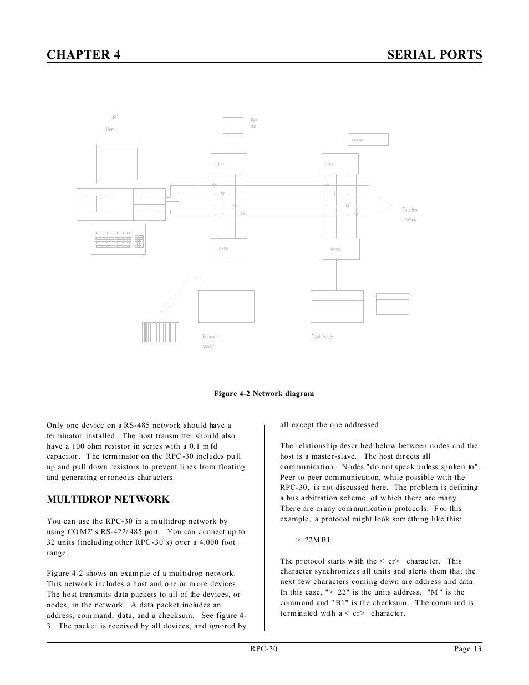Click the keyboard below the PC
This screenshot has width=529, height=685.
point(118,239)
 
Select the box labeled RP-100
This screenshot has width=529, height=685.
point(227,248)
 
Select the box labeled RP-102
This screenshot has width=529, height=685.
point(341,249)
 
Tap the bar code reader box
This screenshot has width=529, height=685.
point(226,306)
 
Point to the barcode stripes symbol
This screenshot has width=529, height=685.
point(160,332)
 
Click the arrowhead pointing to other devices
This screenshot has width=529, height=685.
point(385,206)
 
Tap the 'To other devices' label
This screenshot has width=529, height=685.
point(410,215)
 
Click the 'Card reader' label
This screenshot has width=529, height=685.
point(322,337)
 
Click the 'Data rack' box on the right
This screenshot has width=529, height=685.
point(368,139)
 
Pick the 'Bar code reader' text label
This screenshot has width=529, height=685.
point(210,341)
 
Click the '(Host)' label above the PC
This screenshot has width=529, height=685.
point(110,129)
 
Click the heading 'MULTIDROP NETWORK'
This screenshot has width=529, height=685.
point(108,499)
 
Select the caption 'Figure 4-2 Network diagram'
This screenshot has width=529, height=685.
point(264,394)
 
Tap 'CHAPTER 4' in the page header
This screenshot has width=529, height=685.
point(84,54)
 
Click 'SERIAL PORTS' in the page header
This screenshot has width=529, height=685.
point(434,54)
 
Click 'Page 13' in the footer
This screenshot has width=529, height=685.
point(466,649)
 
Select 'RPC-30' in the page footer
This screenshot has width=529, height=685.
point(263,649)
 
